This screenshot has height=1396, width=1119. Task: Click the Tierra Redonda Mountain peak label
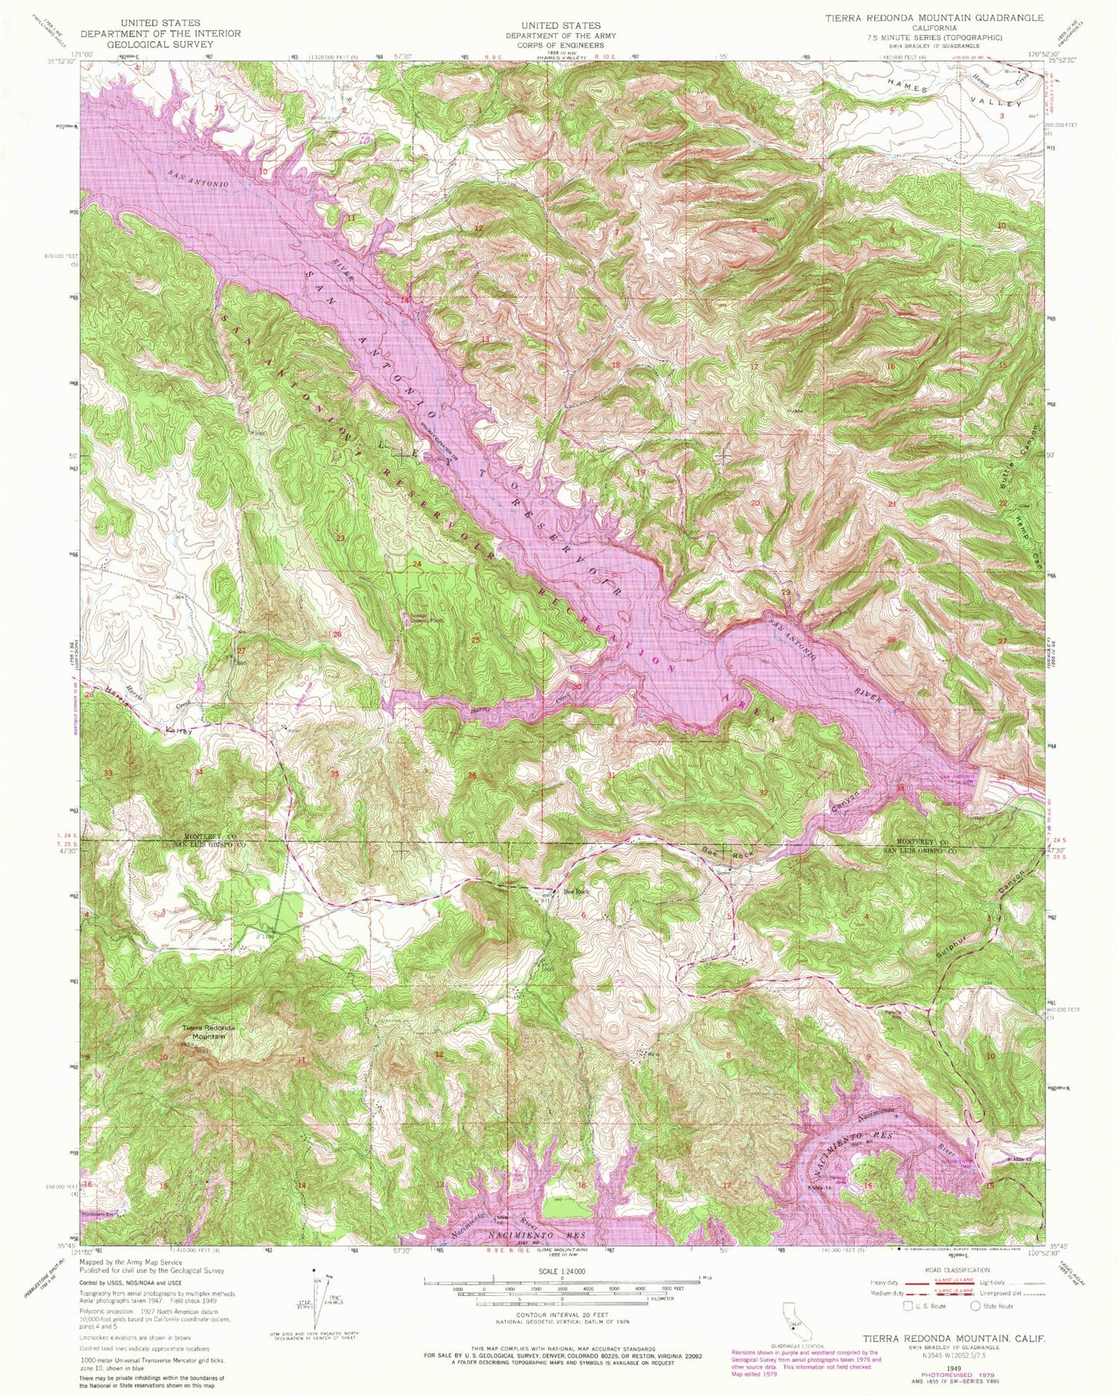point(204,1032)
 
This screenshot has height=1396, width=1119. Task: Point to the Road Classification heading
point(953,1270)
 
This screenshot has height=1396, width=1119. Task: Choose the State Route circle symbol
point(975,1306)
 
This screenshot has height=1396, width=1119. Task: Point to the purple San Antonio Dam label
point(957,777)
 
